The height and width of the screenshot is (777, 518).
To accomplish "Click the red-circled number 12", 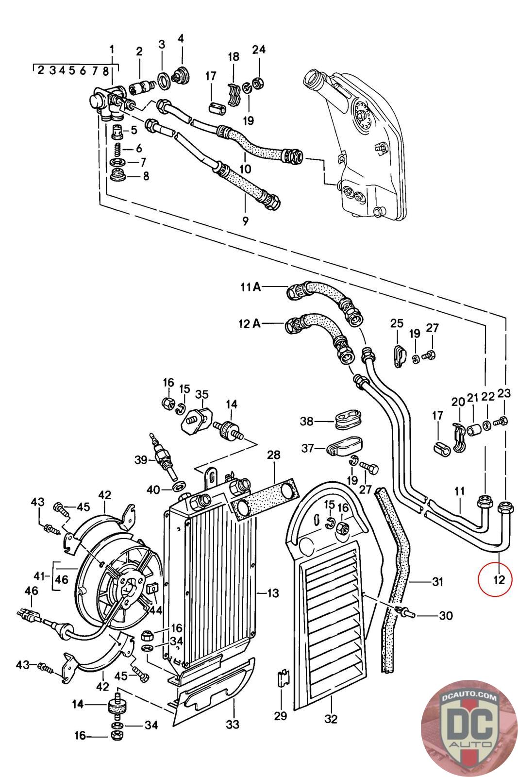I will pos(499,579).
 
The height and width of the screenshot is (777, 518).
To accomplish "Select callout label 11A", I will pos(251,287).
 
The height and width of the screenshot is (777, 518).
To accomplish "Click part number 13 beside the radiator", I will pos(273,592).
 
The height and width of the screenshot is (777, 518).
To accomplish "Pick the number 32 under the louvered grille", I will pos(331,718).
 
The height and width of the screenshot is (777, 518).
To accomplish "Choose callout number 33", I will pos(233,725).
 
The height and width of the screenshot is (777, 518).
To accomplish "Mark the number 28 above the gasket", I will pos(274,455).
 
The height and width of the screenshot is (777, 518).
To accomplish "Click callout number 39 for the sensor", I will pos(141,459).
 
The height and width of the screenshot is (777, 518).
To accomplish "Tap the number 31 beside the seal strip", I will pos(438,581).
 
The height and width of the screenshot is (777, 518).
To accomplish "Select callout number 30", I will pos(445,616).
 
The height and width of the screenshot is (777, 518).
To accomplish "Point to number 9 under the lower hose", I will pos(245,221).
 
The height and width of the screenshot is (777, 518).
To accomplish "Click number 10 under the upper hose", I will pos(245,169).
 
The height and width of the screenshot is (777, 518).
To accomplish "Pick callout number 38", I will pos(306,422).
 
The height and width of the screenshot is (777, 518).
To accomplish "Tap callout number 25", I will pos(397,323).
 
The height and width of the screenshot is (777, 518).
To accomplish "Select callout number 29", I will pos(281,715).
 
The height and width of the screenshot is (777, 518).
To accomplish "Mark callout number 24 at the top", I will pos(259,49).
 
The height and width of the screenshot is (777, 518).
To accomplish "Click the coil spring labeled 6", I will pos(117,148).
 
